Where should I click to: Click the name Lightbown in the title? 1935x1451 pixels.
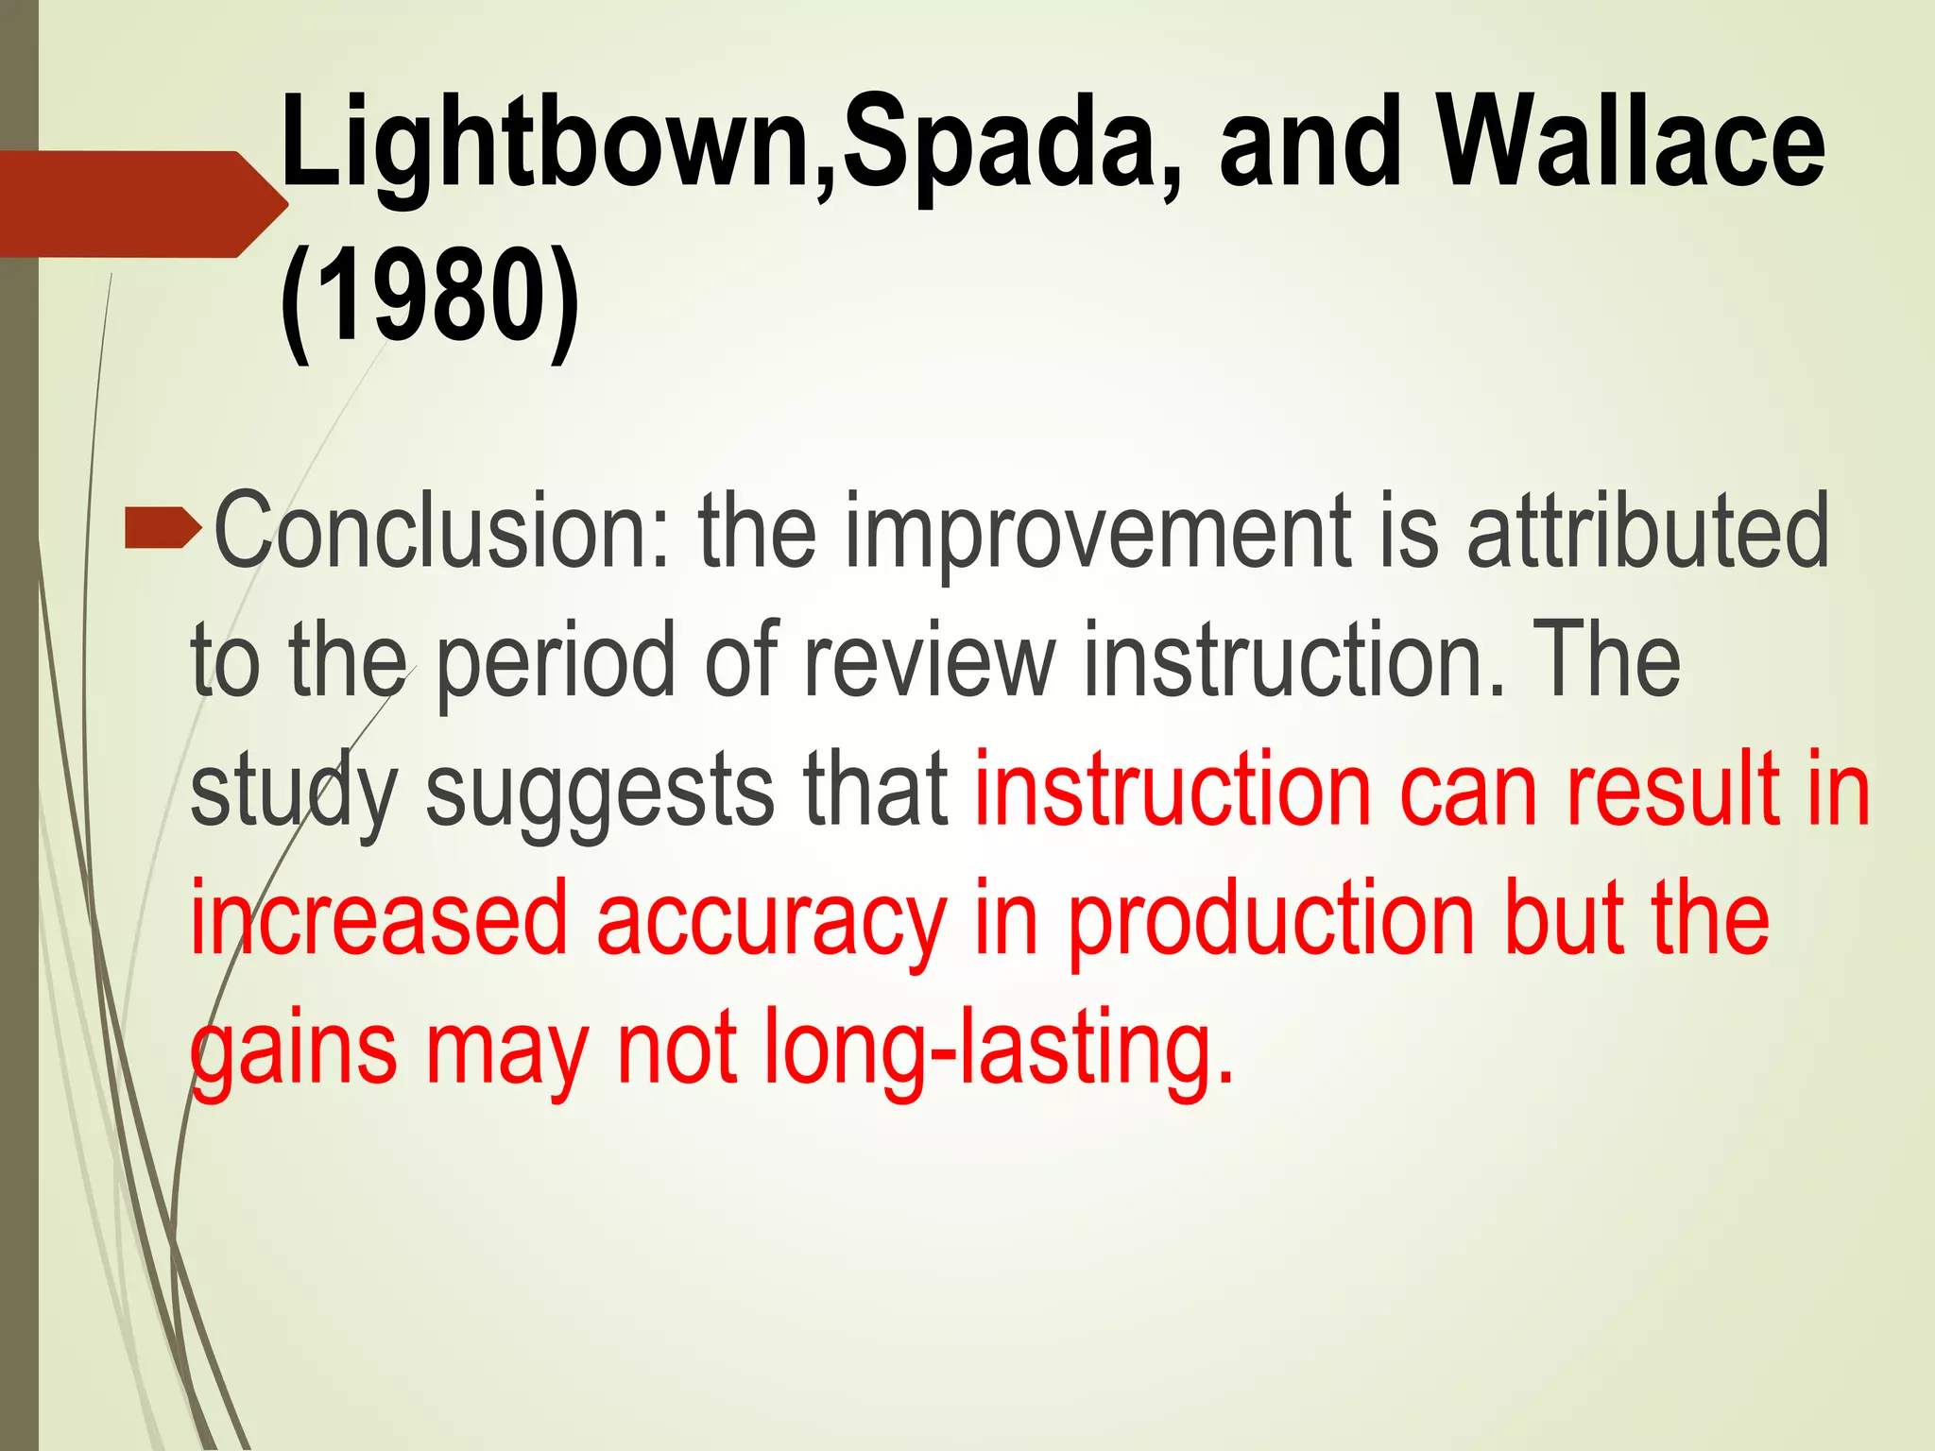(548, 142)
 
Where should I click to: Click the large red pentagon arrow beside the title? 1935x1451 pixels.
(142, 204)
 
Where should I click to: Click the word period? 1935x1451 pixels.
(557, 661)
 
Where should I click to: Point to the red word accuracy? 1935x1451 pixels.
(770, 920)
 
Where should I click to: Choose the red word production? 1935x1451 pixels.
(1271, 920)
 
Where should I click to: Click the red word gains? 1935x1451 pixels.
(294, 1050)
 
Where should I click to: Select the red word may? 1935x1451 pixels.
(506, 1050)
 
